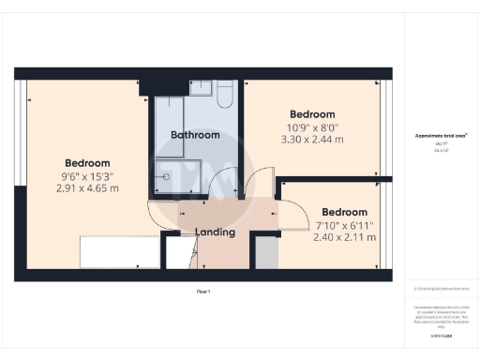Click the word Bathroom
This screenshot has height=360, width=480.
[195, 135]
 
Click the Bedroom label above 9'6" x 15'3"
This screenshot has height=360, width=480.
[87, 162]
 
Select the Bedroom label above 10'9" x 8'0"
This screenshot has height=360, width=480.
[313, 114]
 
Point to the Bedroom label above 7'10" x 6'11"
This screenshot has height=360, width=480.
[344, 212]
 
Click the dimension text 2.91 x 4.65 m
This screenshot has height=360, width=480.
[87, 187]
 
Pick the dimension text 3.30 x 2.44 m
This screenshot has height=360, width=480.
[313, 140]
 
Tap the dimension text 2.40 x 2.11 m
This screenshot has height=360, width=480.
[344, 237]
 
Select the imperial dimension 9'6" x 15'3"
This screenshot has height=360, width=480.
[87, 175]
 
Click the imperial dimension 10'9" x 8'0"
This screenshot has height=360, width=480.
[313, 127]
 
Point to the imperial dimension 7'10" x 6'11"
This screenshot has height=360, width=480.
[344, 225]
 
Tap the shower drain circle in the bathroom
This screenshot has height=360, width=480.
[167, 175]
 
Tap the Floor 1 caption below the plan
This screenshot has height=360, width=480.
[203, 292]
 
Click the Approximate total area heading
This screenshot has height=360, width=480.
[441, 135]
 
